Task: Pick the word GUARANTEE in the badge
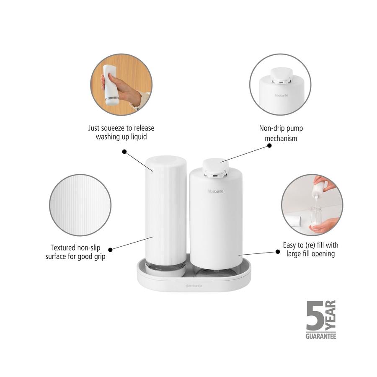pos(320,336)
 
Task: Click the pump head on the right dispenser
pos(215,166)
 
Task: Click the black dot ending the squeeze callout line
pos(124,151)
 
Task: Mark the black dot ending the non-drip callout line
pos(269,146)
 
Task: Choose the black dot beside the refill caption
pos(277,251)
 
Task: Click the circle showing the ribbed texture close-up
pos(80,205)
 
